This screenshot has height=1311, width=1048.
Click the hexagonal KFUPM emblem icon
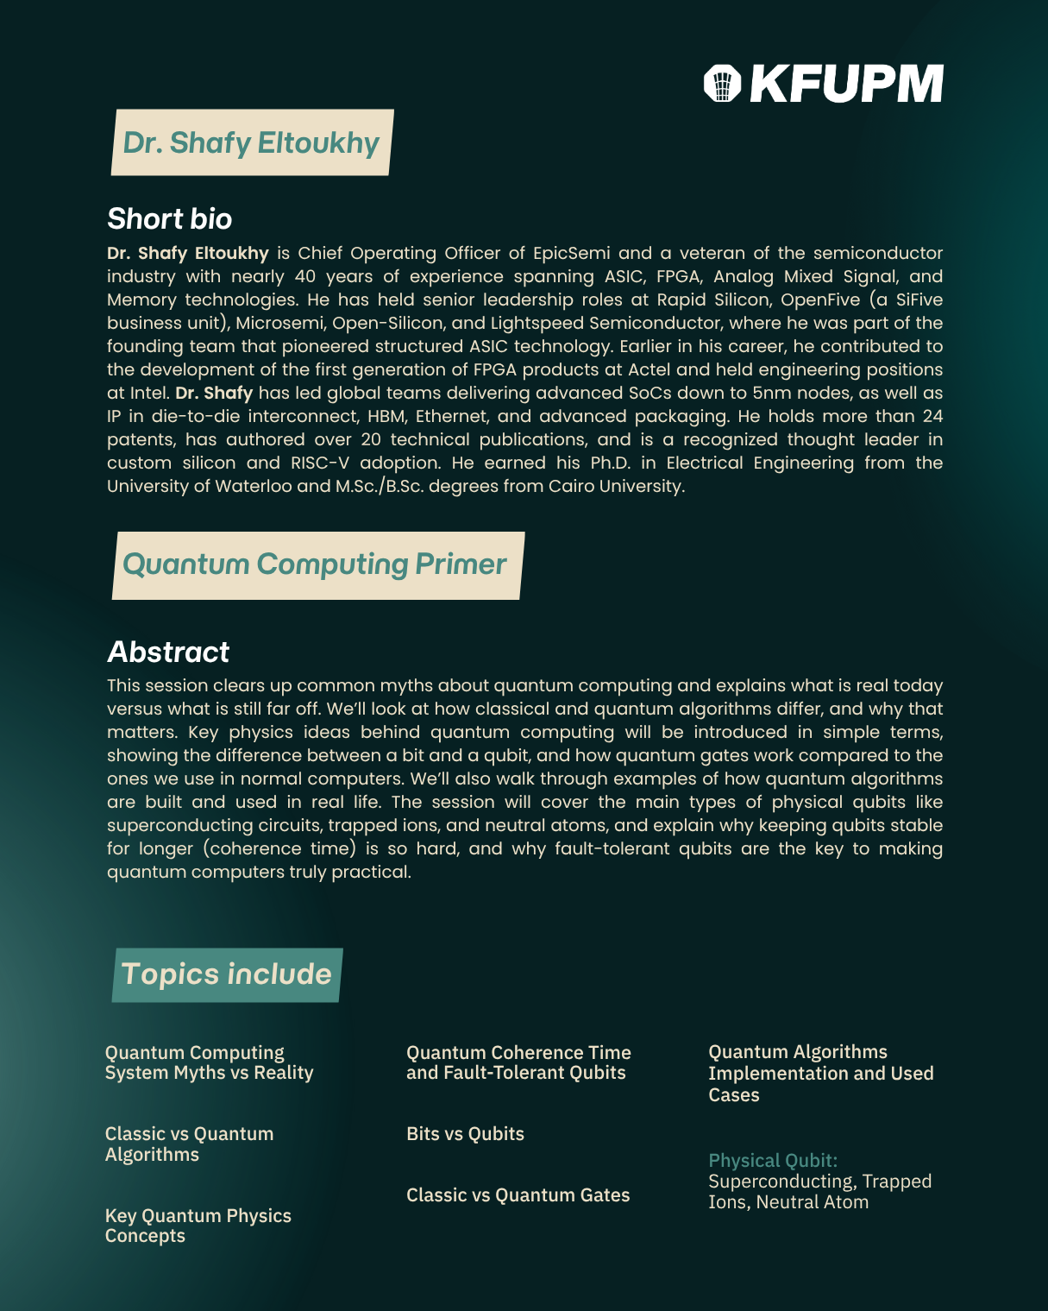click(x=723, y=84)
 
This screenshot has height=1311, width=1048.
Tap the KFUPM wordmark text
click(x=846, y=84)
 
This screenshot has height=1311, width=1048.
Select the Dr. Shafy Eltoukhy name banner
click(x=252, y=142)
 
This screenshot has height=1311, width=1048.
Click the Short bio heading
click(x=169, y=219)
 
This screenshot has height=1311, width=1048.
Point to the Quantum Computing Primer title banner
click(x=316, y=564)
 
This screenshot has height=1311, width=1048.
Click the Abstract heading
click(x=168, y=652)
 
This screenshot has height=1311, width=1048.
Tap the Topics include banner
click(x=227, y=974)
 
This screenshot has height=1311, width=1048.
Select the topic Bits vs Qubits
click(x=465, y=1134)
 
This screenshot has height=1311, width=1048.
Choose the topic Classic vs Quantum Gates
click(x=518, y=1195)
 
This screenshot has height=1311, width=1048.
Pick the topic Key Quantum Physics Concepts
click(x=198, y=1226)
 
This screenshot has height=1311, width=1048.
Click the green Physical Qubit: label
click(x=773, y=1161)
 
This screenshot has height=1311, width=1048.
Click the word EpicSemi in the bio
click(x=571, y=254)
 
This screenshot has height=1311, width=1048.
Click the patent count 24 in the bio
click(x=932, y=417)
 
